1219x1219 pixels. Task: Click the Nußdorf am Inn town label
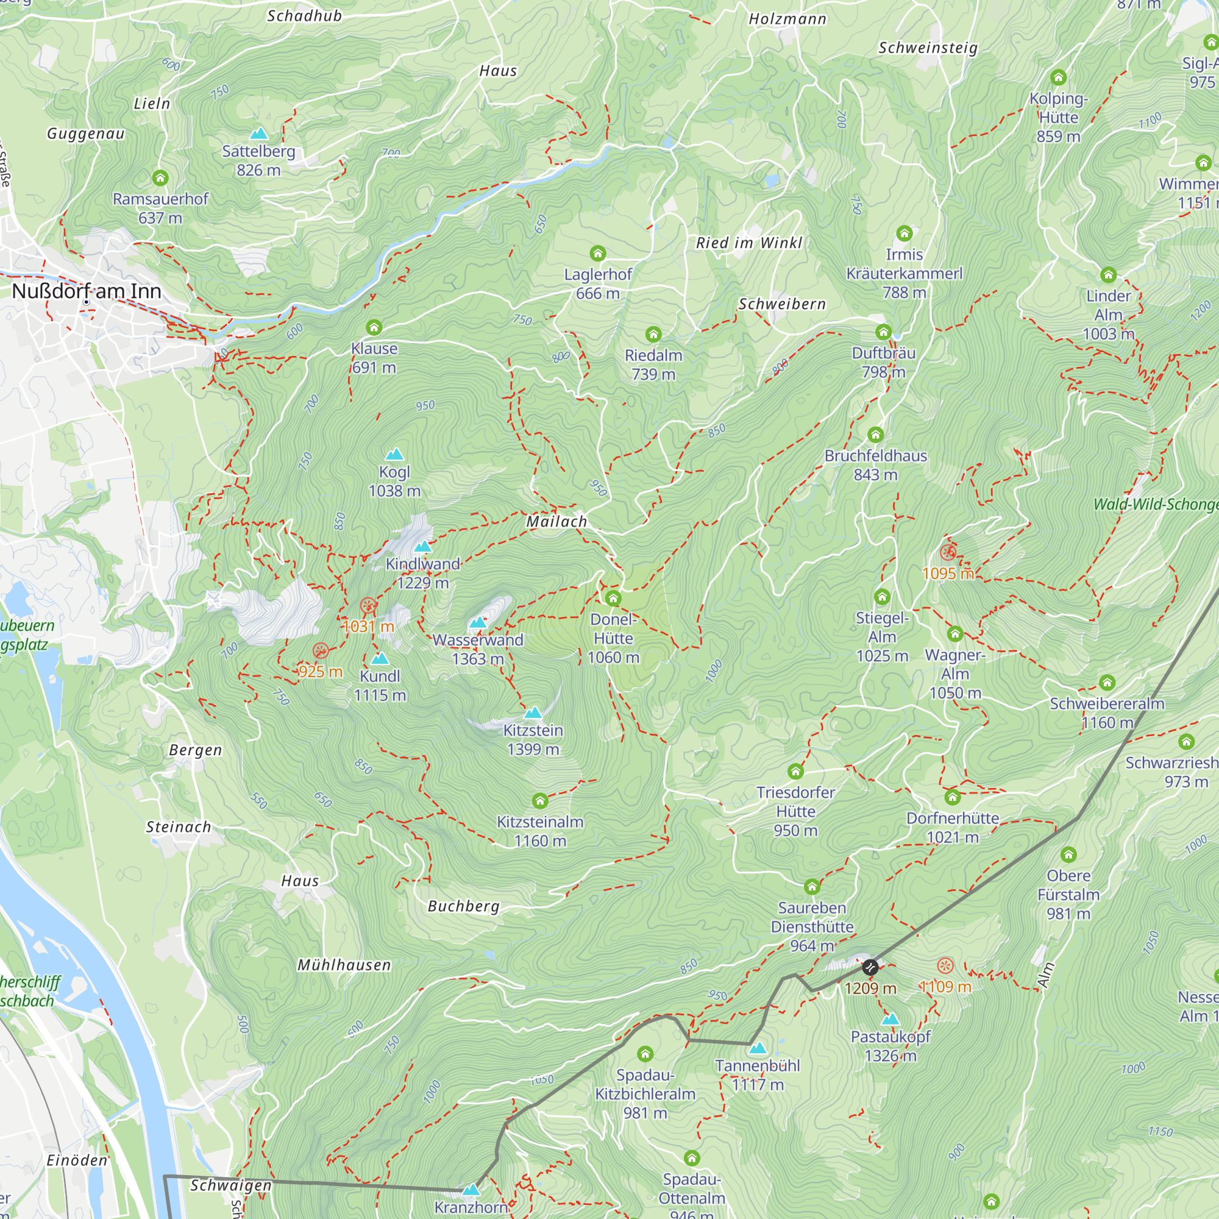[87, 291]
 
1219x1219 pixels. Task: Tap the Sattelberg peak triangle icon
[258, 133]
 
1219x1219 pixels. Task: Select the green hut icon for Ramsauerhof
[160, 178]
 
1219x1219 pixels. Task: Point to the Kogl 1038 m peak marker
[394, 454]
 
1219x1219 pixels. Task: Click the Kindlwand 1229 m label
[423, 573]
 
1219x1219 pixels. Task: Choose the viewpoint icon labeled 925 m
[321, 651]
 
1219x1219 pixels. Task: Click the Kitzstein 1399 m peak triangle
[533, 713]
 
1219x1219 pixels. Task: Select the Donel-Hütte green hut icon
[613, 598]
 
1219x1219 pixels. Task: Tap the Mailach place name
[556, 522]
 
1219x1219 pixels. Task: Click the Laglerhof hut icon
[597, 254]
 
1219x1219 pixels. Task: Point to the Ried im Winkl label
[749, 243]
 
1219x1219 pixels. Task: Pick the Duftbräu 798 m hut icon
[883, 332]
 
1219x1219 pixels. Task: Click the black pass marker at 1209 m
[870, 967]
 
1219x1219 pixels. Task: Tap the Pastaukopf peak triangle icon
[890, 1019]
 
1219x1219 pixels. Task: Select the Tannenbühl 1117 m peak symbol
[758, 1048]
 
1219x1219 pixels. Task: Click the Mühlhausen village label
[344, 965]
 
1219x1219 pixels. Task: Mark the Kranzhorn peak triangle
[471, 1190]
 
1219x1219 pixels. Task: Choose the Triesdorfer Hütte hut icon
[795, 771]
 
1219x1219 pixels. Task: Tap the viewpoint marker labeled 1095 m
[948, 553]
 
